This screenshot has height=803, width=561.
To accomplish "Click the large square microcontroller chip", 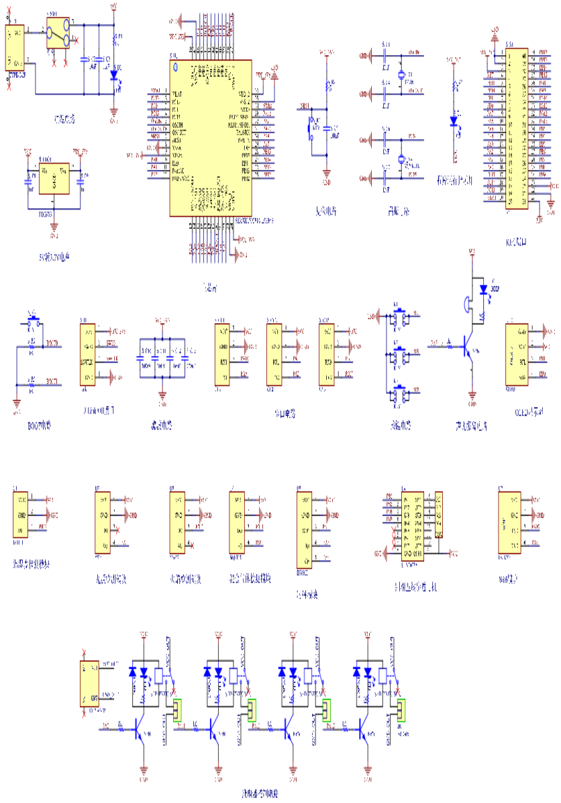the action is tap(211, 138).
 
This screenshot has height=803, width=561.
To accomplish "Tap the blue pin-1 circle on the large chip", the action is tap(176, 66).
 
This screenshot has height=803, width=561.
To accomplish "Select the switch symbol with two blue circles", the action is tap(58, 33).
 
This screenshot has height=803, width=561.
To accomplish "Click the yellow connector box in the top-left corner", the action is tap(15, 48).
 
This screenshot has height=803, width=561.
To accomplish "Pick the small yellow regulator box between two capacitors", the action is tap(54, 179).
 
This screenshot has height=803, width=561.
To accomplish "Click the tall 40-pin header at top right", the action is tap(517, 129).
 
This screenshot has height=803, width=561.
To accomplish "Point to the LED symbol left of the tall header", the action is tap(455, 121).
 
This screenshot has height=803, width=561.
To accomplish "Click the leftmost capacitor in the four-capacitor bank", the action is tap(142, 358).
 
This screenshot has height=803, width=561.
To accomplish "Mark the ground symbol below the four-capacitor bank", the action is tap(162, 397).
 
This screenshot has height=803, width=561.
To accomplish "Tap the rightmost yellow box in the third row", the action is tap(509, 522).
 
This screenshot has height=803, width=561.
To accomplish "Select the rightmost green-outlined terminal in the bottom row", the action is tap(401, 710).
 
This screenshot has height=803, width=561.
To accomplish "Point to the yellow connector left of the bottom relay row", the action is tap(89, 683).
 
